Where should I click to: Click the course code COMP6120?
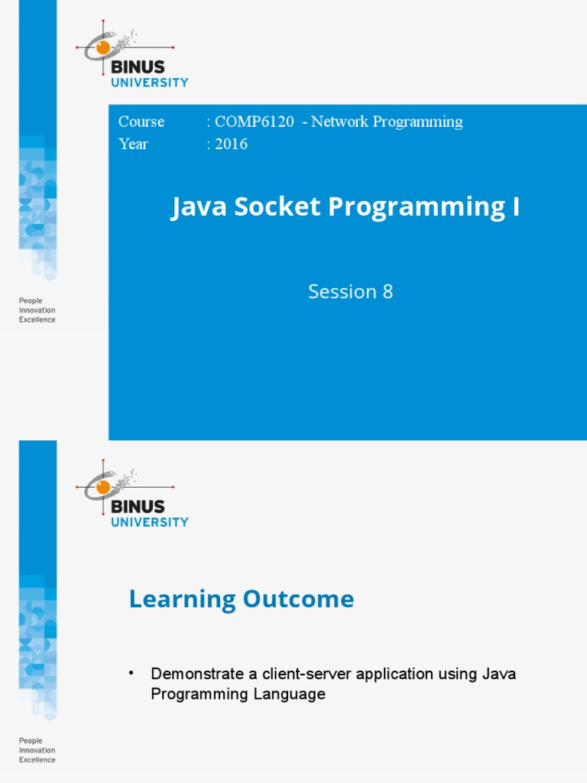[x=255, y=122]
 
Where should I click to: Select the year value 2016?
[x=232, y=144]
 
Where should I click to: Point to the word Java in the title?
[x=196, y=207]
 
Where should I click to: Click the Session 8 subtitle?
[x=350, y=291]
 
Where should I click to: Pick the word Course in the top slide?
[x=141, y=122]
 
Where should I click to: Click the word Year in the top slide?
[x=133, y=144]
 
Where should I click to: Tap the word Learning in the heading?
[x=182, y=599]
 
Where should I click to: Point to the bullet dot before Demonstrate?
[x=131, y=672]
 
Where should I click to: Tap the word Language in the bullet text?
[x=291, y=694]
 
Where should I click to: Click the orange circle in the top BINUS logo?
[x=102, y=47]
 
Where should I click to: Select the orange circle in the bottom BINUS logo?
[x=102, y=486]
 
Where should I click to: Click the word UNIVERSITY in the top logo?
[x=149, y=83]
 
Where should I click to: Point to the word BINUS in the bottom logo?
[x=138, y=506]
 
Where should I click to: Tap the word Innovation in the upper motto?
[x=37, y=310]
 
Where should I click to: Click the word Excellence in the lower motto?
[x=37, y=759]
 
